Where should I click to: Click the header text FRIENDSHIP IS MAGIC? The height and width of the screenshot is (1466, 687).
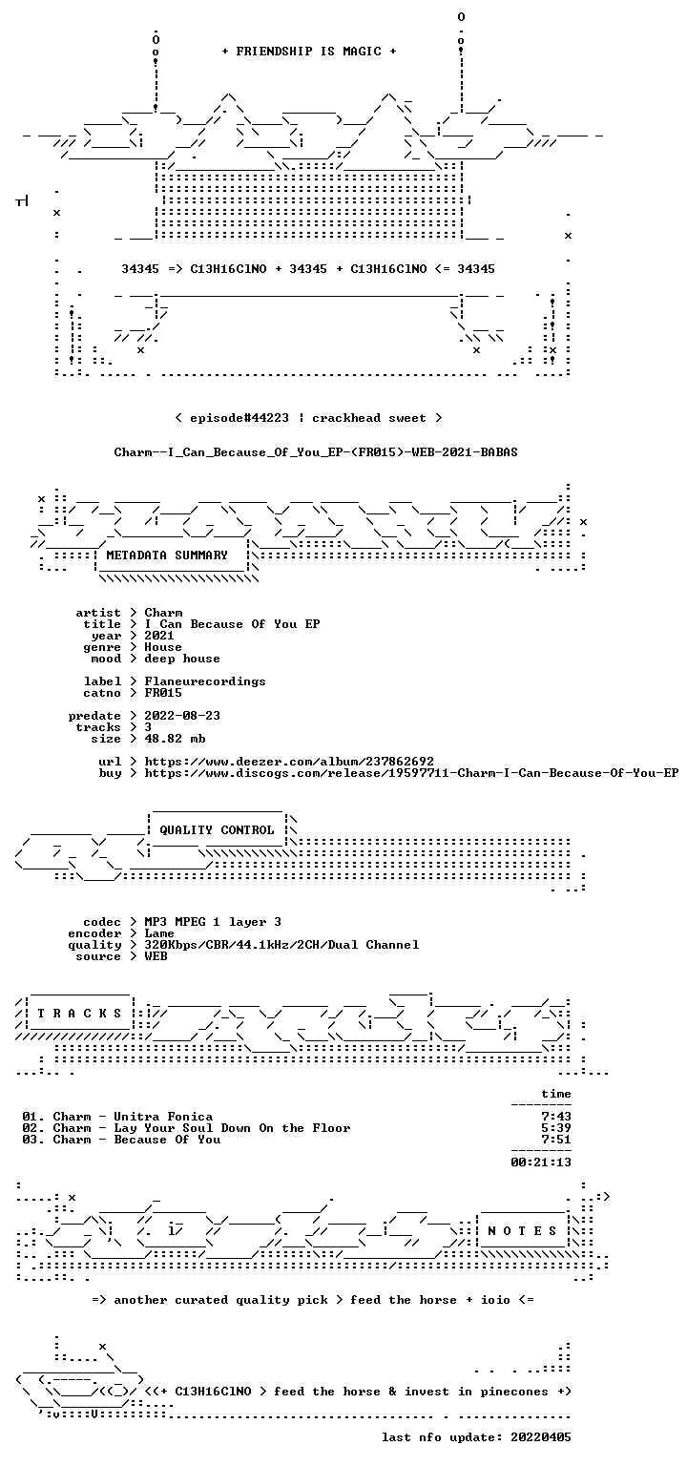pyautogui.click(x=309, y=52)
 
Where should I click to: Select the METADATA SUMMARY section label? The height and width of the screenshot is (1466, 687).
pyautogui.click(x=167, y=555)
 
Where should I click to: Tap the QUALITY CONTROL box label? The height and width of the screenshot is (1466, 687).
pyautogui.click(x=217, y=830)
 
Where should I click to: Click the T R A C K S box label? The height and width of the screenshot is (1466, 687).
pyautogui.click(x=79, y=1014)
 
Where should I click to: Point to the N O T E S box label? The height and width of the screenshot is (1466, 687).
pyautogui.click(x=522, y=1231)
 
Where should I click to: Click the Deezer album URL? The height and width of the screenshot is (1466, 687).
pyautogui.click(x=289, y=762)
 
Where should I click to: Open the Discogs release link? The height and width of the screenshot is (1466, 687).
pyautogui.click(x=411, y=773)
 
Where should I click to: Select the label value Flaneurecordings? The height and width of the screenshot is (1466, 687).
pyautogui.click(x=205, y=681)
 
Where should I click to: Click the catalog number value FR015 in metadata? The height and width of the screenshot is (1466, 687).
pyautogui.click(x=163, y=693)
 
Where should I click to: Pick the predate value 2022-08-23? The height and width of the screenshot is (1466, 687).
pyautogui.click(x=182, y=716)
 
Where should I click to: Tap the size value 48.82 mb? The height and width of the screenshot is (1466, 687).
pyautogui.click(x=175, y=739)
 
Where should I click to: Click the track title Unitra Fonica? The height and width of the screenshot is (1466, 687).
pyautogui.click(x=163, y=1117)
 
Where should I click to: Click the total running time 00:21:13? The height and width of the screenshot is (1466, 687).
pyautogui.click(x=541, y=1162)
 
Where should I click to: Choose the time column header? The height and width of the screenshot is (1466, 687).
pyautogui.click(x=556, y=1095)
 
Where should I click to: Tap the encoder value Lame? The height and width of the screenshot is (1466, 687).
pyautogui.click(x=159, y=933)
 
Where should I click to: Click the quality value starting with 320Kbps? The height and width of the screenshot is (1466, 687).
pyautogui.click(x=281, y=945)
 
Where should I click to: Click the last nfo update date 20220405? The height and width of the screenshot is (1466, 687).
pyautogui.click(x=541, y=1437)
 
